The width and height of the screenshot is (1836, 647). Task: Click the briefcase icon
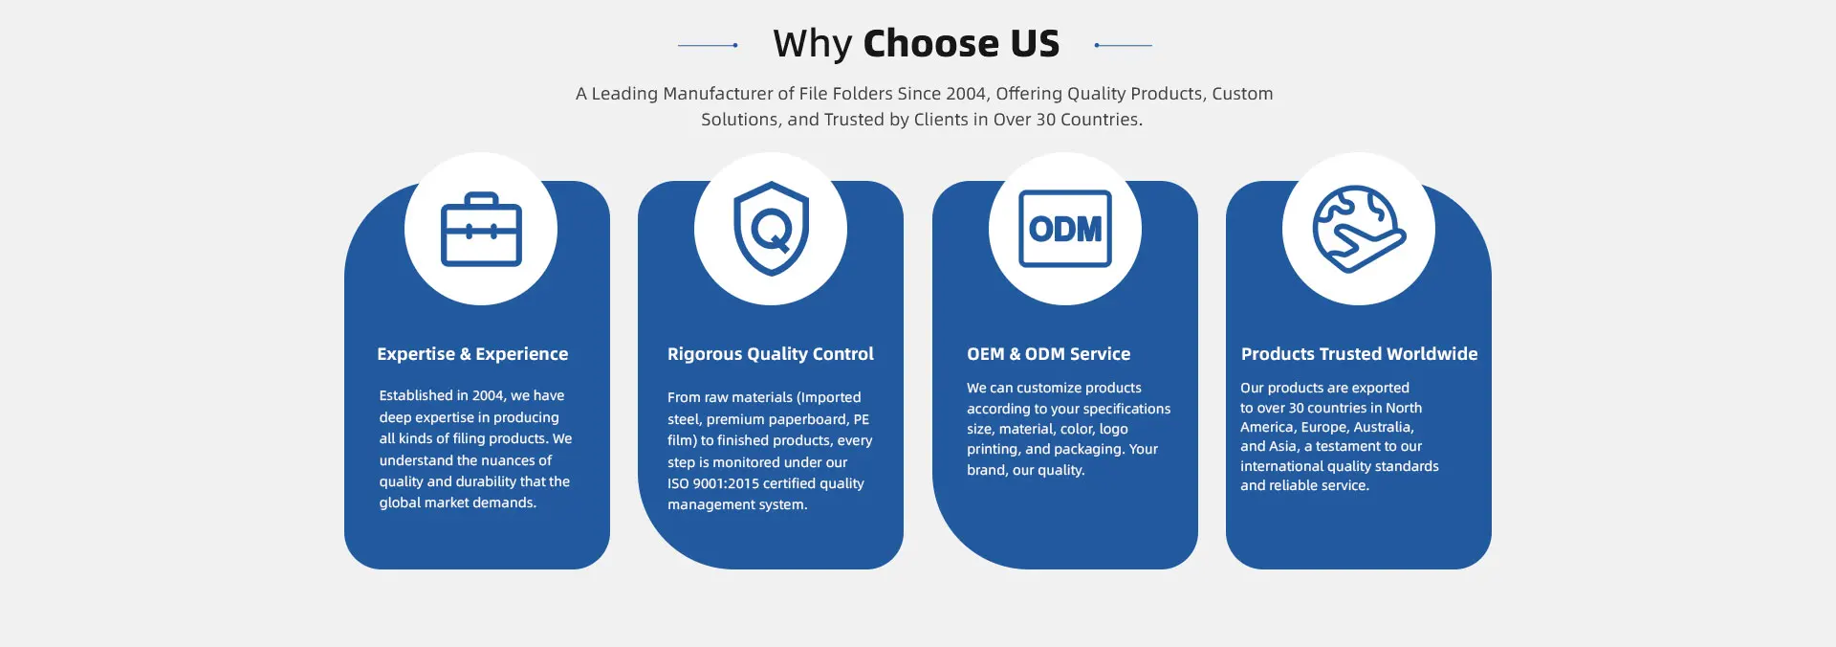[481, 230]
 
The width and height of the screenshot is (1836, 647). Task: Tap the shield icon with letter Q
[771, 229]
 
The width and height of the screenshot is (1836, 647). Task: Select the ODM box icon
[1065, 229]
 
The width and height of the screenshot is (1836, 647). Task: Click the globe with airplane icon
[1359, 229]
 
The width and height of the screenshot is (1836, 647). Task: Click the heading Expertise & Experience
[472, 354]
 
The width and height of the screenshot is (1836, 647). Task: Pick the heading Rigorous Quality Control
[771, 354]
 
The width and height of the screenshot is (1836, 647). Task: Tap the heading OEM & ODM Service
[1048, 354]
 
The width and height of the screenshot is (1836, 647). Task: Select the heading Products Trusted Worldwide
[1359, 354]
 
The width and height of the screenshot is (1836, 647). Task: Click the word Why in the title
[812, 44]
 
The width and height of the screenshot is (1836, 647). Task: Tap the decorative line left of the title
[708, 45]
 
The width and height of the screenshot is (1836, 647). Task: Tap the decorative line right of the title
[1123, 45]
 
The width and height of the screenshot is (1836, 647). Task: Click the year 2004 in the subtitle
[967, 94]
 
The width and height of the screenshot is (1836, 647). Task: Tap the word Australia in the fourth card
[1384, 427]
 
